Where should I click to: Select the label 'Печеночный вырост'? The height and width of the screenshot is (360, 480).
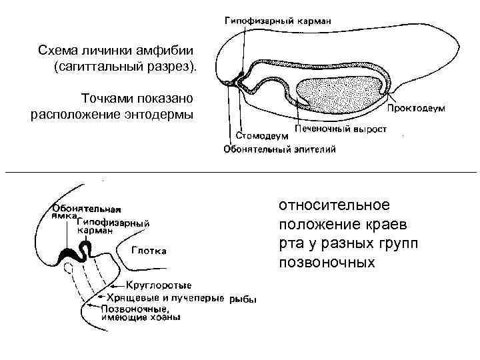[340, 128]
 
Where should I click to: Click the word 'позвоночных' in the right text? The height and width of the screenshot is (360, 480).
[327, 262]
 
